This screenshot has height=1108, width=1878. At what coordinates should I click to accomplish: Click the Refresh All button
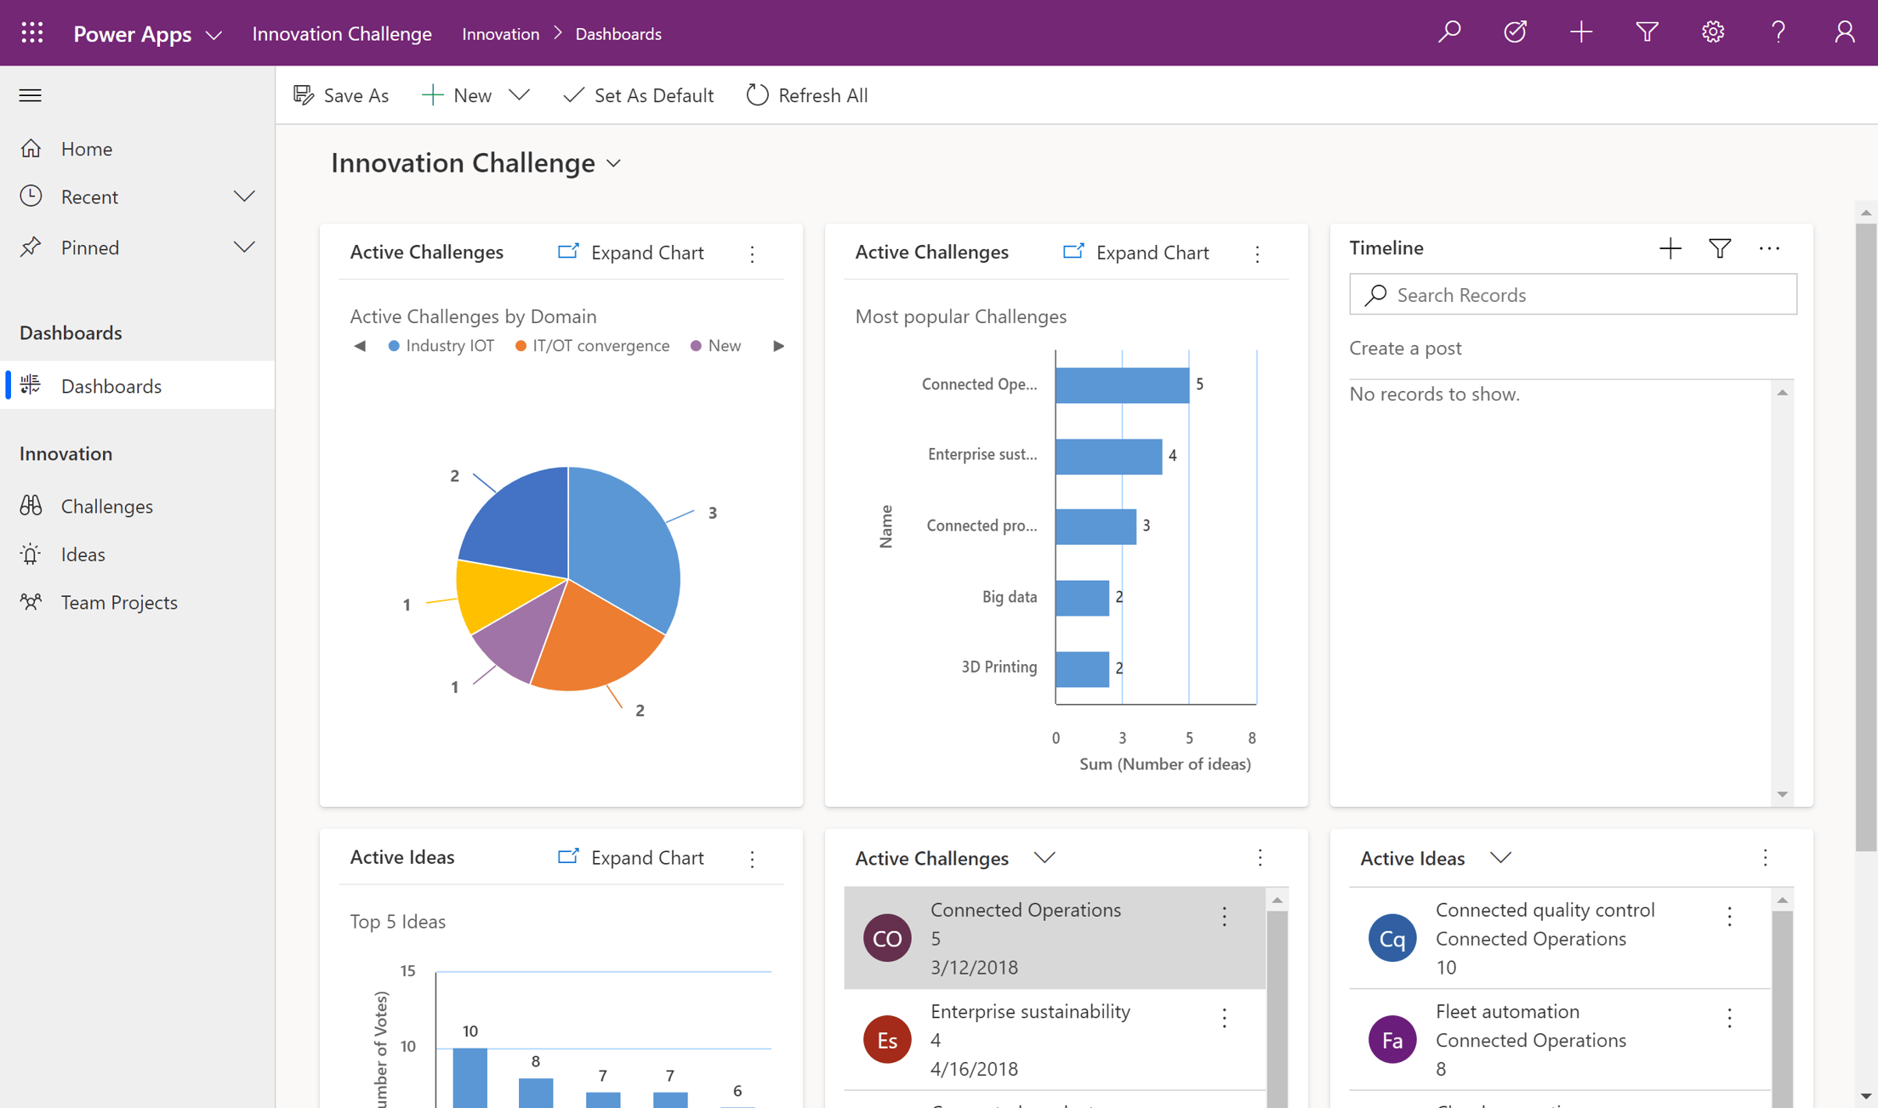(806, 95)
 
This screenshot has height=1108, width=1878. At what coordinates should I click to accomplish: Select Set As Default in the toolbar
(638, 95)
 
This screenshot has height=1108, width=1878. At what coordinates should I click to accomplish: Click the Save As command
(341, 95)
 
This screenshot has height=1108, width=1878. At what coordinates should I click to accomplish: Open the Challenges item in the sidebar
(106, 506)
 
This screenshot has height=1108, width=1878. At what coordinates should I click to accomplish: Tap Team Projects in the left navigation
(119, 602)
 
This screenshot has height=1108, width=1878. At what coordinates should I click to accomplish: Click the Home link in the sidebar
(86, 149)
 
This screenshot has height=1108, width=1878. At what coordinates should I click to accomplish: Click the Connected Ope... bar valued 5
(1121, 384)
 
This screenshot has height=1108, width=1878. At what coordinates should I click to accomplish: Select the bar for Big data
(1082, 597)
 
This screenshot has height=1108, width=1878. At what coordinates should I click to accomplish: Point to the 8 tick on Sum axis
(1251, 737)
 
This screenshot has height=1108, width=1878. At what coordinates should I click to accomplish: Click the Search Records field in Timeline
(1574, 294)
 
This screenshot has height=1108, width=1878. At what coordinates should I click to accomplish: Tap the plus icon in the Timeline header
(1670, 248)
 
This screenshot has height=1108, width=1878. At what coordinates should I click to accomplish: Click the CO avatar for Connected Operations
(887, 938)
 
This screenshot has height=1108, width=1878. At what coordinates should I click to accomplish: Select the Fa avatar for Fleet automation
(1391, 1039)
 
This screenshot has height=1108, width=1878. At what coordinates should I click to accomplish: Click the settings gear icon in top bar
(1712, 33)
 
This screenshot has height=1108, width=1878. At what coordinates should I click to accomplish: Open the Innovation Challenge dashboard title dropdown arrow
(614, 163)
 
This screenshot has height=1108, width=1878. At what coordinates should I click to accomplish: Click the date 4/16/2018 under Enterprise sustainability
(974, 1068)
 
